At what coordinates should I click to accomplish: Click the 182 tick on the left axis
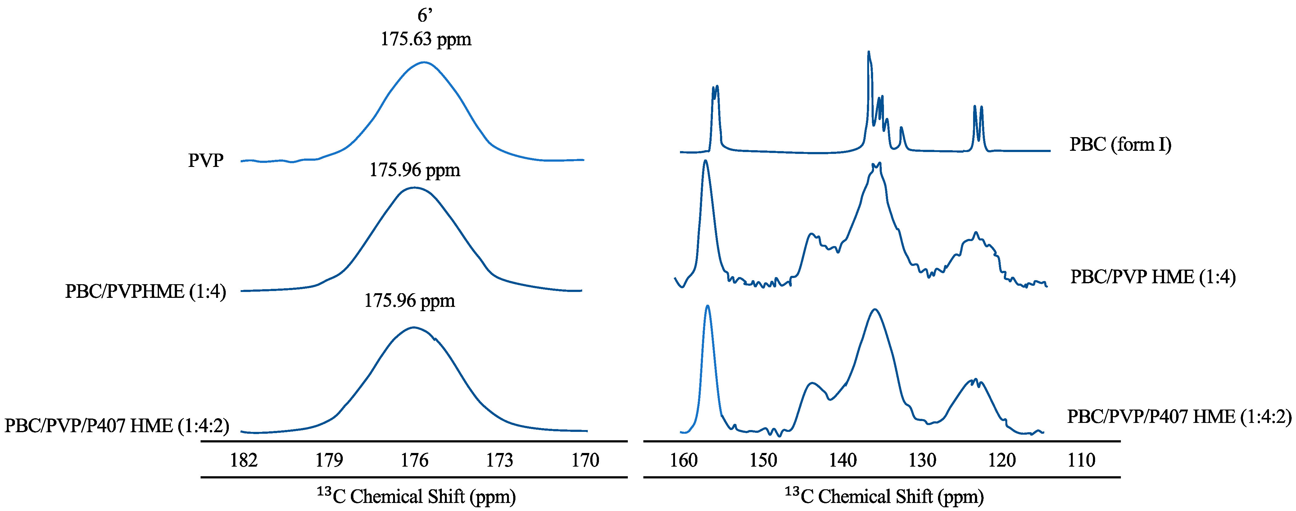point(244,460)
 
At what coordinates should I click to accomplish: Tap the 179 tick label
point(329,460)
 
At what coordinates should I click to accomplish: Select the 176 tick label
point(415,460)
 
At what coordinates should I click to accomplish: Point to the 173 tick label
point(500,460)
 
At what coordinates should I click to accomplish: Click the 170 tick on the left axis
point(585,460)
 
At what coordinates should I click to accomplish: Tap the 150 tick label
point(763,460)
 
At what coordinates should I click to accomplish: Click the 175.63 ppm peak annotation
point(426,39)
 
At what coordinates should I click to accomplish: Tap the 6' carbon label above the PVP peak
point(425,16)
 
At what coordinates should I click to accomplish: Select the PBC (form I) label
point(1121,144)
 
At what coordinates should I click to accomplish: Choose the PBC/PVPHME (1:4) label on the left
point(145,291)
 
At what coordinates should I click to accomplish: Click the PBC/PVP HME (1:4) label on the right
point(1153,277)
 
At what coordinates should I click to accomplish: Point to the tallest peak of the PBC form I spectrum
point(868,52)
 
